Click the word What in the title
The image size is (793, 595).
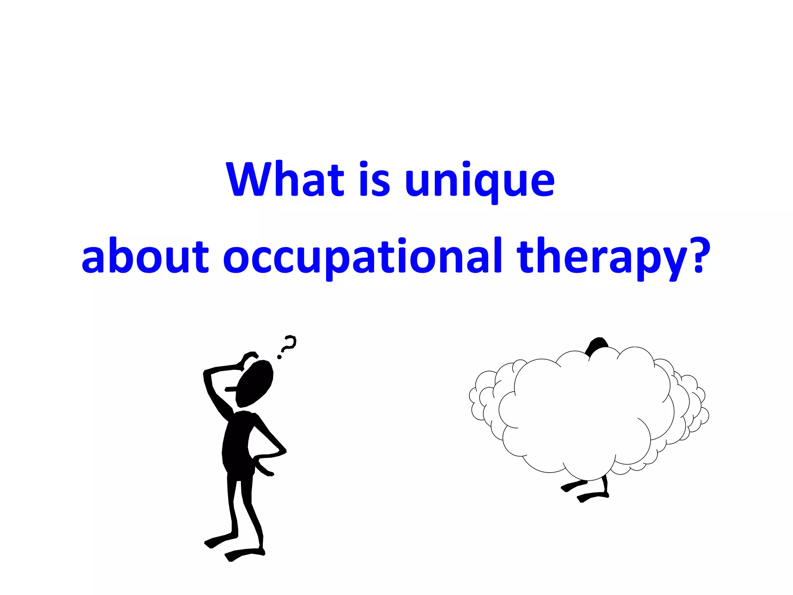285,179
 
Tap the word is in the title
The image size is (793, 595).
374,179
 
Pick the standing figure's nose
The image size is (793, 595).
230,389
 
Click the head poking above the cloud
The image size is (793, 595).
597,345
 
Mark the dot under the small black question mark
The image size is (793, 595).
279,357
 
